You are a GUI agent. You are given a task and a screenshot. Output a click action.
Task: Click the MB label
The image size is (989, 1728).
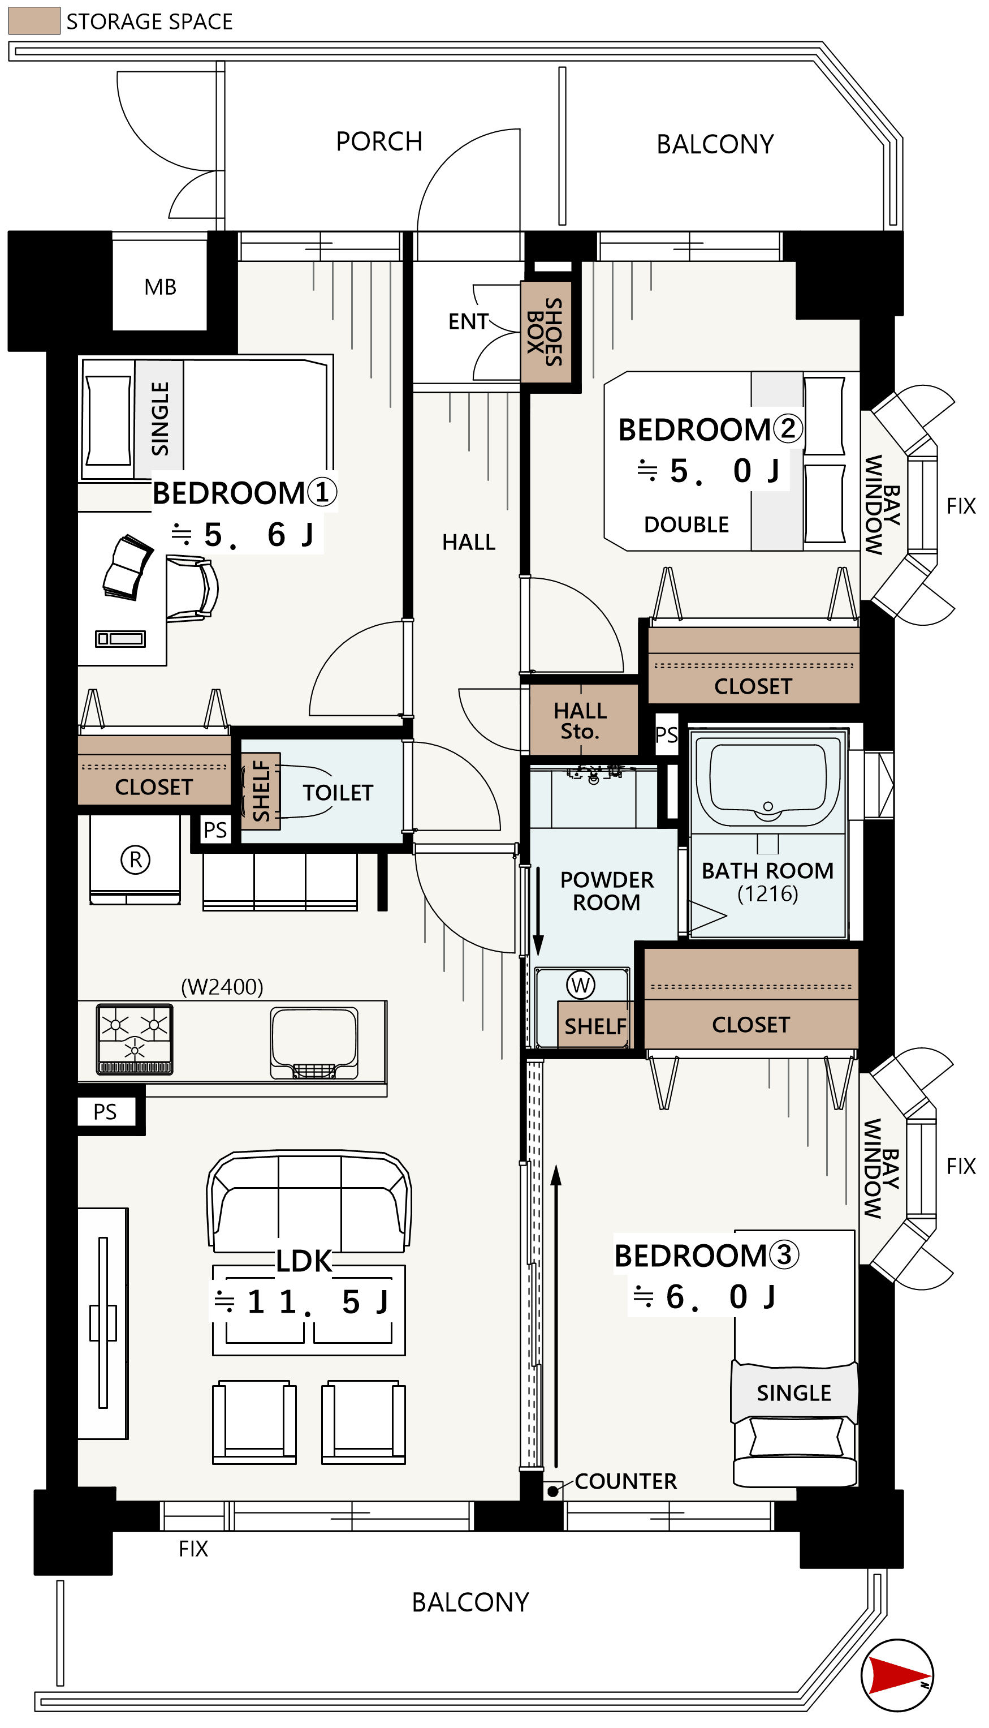point(160,287)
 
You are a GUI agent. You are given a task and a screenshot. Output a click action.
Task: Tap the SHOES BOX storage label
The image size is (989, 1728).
point(546,332)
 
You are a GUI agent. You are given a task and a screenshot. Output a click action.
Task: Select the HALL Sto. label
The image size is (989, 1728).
point(580,721)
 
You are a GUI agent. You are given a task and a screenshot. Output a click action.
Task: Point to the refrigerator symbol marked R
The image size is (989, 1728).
point(135,859)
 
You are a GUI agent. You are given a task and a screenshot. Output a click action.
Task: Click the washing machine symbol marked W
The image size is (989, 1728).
point(581,985)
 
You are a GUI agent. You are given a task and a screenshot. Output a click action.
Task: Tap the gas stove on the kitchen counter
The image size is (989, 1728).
point(135,1039)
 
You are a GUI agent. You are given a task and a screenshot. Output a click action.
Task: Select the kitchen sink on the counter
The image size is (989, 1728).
point(314,1042)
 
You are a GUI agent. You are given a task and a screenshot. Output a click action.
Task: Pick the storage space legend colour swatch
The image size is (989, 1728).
point(34,20)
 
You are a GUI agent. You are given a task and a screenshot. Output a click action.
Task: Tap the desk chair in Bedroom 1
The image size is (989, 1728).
point(192,588)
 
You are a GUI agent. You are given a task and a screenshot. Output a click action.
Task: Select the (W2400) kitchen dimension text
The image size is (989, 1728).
point(222,986)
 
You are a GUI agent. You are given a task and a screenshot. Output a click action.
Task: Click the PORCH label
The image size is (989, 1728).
point(379,141)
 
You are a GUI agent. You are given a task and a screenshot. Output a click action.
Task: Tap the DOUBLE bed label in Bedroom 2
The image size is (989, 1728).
point(686,525)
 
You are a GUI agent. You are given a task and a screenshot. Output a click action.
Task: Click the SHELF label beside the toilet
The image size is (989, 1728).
point(261,791)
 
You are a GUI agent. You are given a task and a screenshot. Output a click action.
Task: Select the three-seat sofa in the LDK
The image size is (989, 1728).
point(309,1201)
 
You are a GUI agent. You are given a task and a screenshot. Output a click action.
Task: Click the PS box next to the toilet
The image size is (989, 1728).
point(215,829)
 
